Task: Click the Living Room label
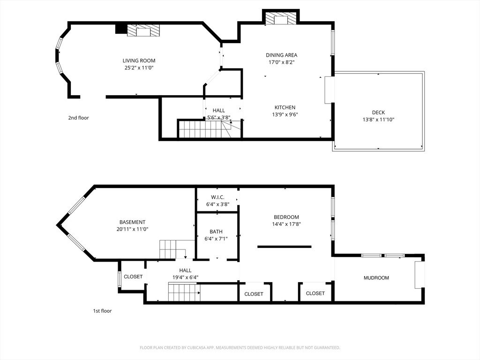139,60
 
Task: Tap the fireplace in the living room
143,30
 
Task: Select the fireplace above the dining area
281,18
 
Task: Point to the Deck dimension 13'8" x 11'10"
378,120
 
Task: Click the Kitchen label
285,107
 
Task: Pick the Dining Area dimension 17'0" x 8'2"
282,62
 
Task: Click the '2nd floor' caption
78,118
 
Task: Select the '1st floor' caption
102,311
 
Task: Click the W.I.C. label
217,197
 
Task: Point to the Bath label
216,232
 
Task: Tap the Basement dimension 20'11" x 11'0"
132,229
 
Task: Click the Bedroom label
286,217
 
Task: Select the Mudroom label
376,278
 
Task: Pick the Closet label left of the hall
133,277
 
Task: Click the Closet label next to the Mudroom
315,293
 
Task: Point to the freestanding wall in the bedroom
285,247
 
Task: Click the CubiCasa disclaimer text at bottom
240,348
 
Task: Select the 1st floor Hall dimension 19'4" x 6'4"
185,277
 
